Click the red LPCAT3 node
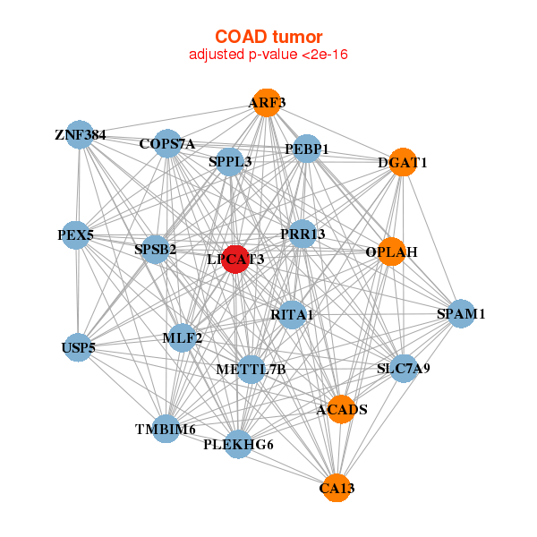click(235, 259)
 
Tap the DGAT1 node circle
click(403, 162)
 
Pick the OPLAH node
click(391, 251)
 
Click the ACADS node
click(341, 409)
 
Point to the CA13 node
click(336, 487)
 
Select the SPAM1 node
click(460, 313)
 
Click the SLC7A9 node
click(404, 367)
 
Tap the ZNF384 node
click(81, 134)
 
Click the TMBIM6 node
click(166, 429)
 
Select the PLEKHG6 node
click(238, 443)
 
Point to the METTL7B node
click(251, 369)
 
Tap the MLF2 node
click(183, 337)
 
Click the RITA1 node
click(292, 314)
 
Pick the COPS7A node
click(167, 143)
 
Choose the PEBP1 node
click(306, 149)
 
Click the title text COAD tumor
click(268, 36)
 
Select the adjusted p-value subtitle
click(268, 55)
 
